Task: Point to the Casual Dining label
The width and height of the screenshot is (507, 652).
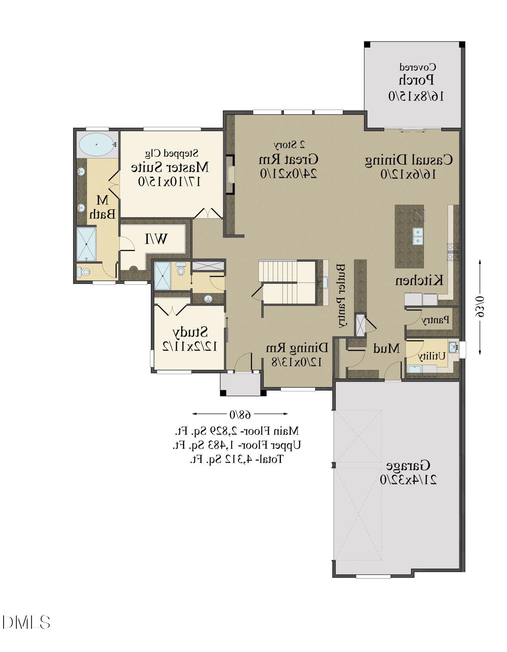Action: (408, 160)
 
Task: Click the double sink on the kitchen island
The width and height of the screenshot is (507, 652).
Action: (417, 236)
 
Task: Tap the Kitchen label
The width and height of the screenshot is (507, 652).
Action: (419, 280)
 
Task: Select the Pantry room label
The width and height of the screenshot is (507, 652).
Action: (435, 320)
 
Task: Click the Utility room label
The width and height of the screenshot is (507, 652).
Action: (431, 356)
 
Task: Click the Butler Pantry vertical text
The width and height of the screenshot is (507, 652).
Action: (341, 295)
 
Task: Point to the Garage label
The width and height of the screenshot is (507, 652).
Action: (408, 466)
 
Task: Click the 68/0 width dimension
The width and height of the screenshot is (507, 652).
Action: (240, 414)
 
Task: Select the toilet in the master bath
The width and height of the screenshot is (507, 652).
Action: (83, 271)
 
